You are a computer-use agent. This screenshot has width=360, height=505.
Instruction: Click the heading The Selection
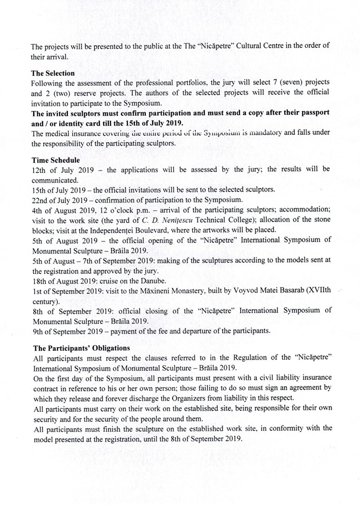(53, 73)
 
